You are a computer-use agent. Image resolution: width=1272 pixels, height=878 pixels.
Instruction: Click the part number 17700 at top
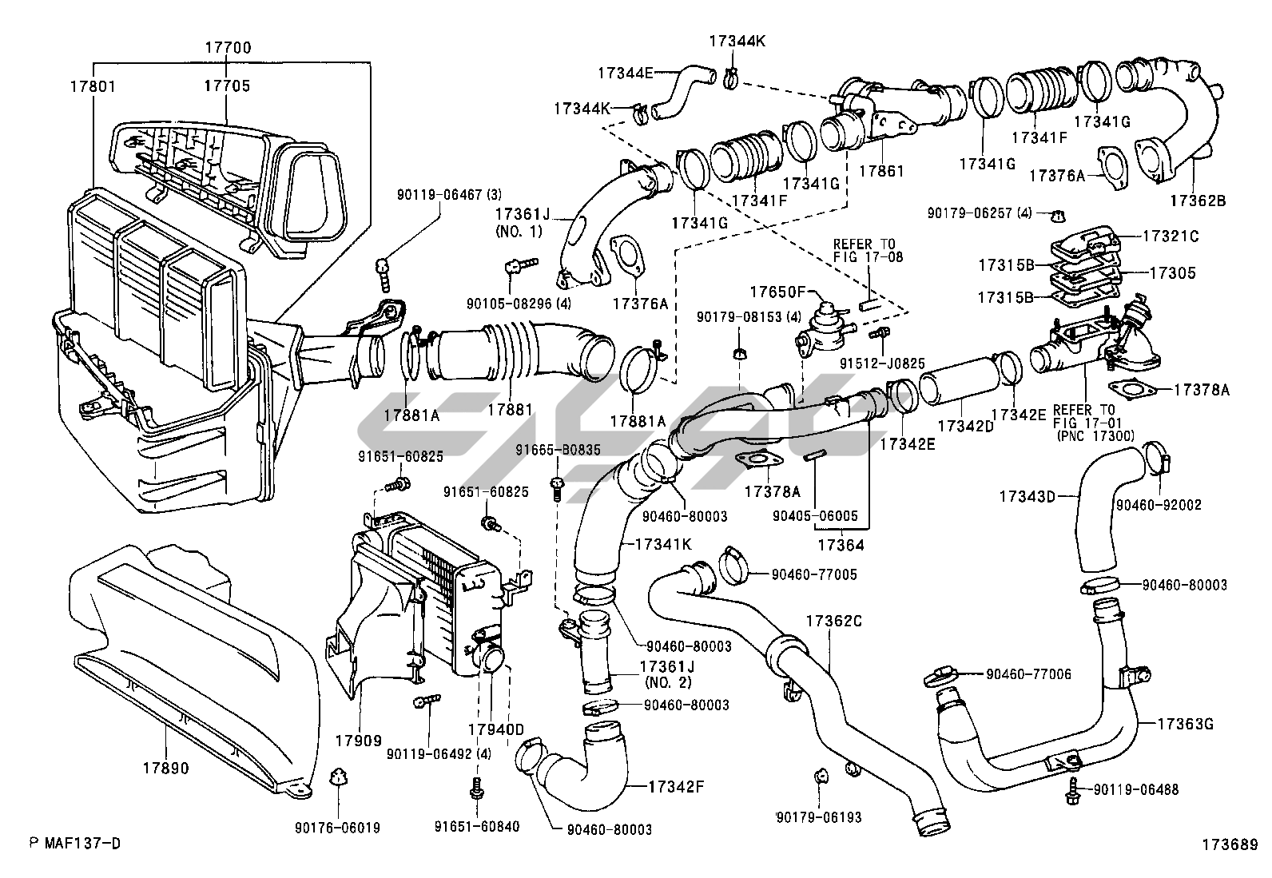point(228,48)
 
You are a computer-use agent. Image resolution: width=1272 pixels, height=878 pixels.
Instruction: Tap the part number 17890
point(166,769)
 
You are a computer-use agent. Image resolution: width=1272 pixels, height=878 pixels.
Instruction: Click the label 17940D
point(495,729)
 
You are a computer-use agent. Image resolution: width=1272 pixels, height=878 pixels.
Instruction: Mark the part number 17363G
point(1186,724)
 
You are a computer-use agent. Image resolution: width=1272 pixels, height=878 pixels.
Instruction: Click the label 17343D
point(1027,496)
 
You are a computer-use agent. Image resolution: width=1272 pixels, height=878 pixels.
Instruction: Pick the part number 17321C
point(1171,236)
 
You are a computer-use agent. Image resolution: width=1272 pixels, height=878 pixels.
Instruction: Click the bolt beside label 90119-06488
point(1072,793)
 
